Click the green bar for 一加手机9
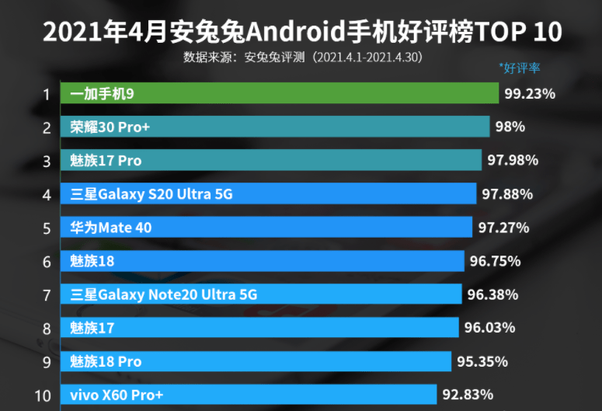pyautogui.click(x=280, y=94)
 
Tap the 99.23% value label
pyautogui.click(x=530, y=94)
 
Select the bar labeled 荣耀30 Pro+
pyautogui.click(x=275, y=127)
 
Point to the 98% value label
pyautogui.click(x=510, y=127)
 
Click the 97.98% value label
pyautogui.click(x=512, y=161)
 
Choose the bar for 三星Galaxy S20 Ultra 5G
pyautogui.click(x=268, y=194)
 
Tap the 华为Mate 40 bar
pyautogui.click(x=266, y=228)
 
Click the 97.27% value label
pyautogui.click(x=503, y=228)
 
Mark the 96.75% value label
pyautogui.click(x=494, y=261)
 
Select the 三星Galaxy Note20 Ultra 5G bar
pyautogui.click(x=261, y=294)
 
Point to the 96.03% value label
pyautogui.click(x=489, y=328)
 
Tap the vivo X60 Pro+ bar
pyautogui.click(x=250, y=395)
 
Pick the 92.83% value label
pyautogui.click(x=467, y=395)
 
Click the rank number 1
pyautogui.click(x=47, y=95)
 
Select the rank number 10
pyautogui.click(x=43, y=395)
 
